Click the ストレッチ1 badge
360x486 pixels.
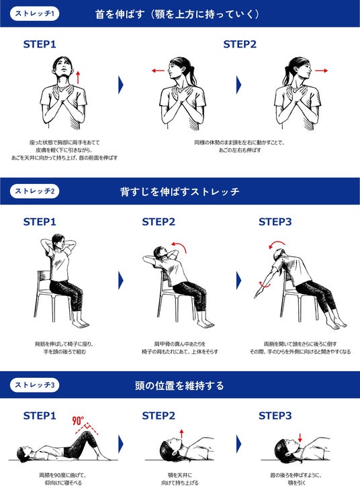pos(34,14)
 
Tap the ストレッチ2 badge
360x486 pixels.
pos(34,191)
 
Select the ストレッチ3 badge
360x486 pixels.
pos(34,385)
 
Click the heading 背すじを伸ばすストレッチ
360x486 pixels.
pos(180,191)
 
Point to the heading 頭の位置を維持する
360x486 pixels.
pos(179,385)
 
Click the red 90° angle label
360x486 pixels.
pos(78,421)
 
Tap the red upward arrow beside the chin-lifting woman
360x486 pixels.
pos(78,77)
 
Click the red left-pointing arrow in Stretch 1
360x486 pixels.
pos(158,70)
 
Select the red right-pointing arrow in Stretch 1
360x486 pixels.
pos(321,70)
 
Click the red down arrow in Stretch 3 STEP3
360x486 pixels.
pos(300,438)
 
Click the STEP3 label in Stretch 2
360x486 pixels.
pos(275,222)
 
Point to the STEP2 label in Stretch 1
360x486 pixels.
pos(240,44)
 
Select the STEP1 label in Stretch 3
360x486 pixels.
pos(40,416)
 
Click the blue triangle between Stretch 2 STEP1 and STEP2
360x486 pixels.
pos(121,281)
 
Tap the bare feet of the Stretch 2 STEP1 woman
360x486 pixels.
pos(80,324)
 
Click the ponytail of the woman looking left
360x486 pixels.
pos(192,75)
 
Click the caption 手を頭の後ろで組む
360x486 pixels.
pos(64,352)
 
